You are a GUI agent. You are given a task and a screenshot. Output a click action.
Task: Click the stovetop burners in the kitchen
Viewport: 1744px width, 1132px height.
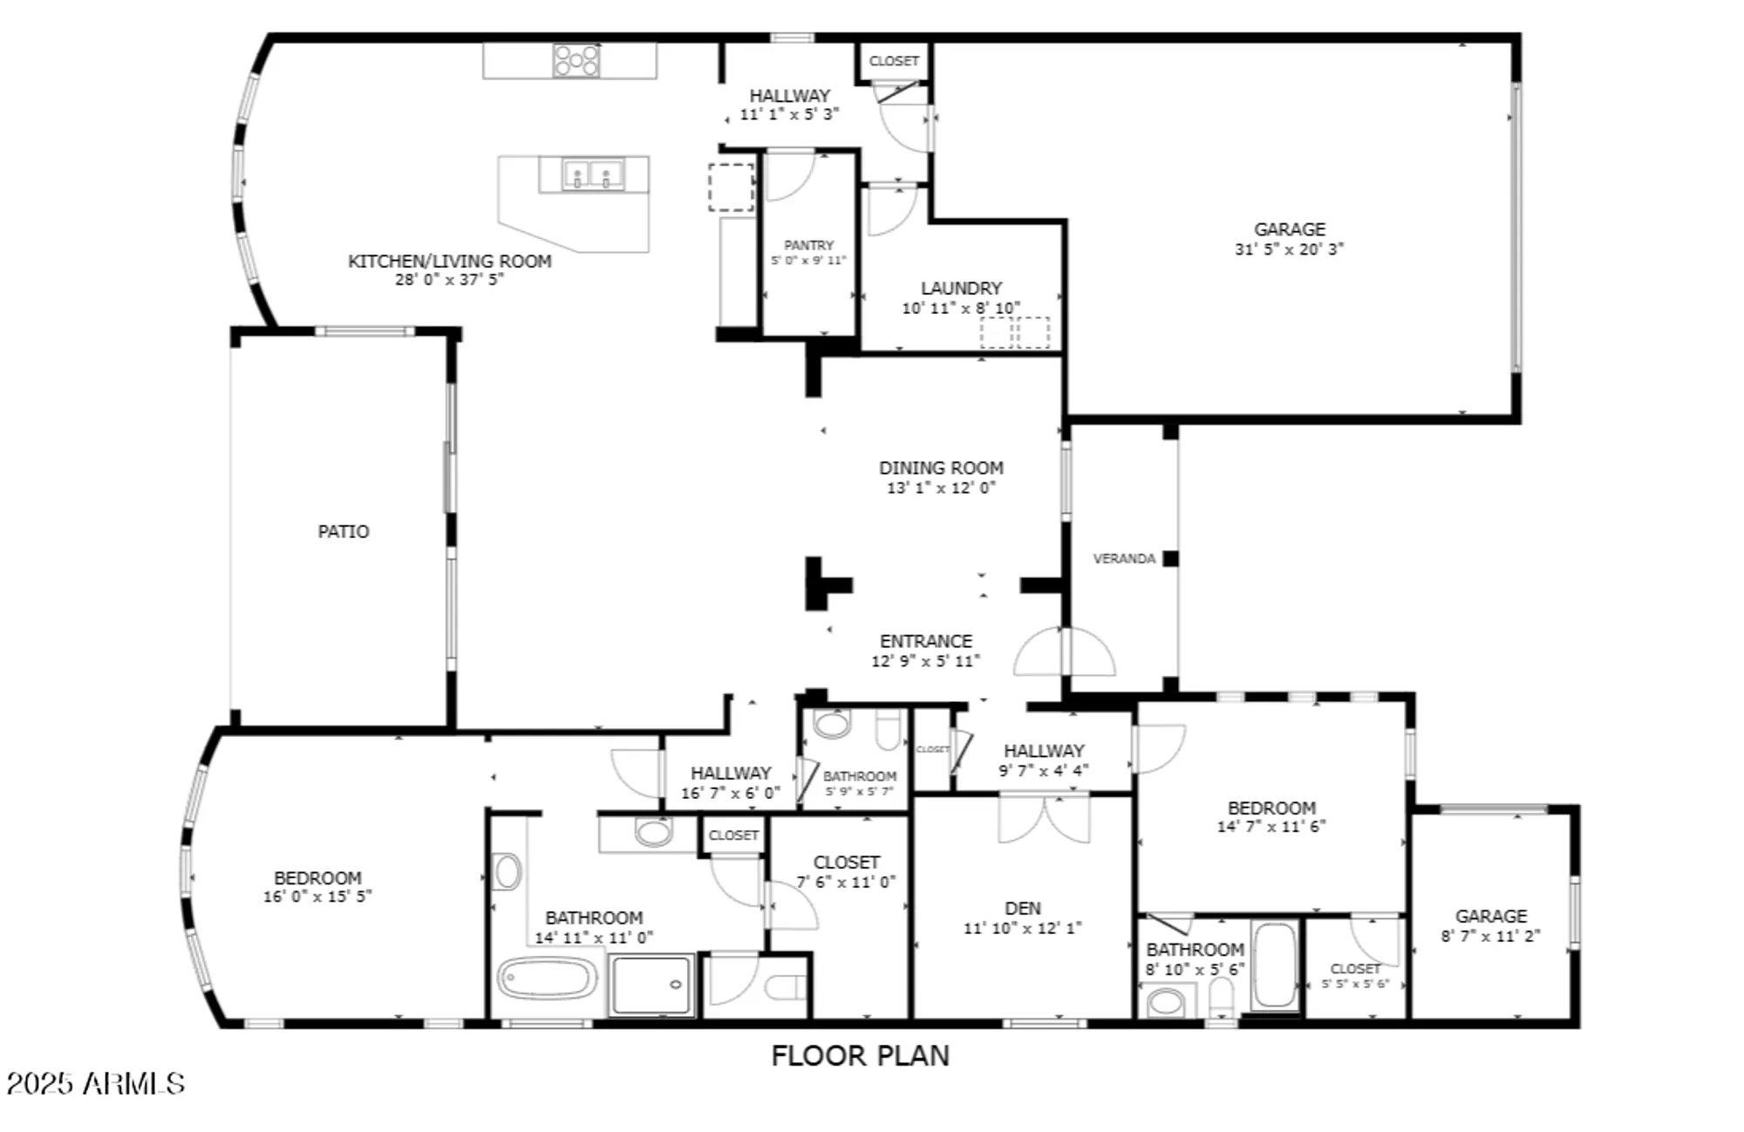point(576,61)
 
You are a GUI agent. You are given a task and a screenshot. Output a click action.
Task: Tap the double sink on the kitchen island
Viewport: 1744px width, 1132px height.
point(593,174)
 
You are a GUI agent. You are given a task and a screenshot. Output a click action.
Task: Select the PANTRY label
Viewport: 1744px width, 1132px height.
point(808,246)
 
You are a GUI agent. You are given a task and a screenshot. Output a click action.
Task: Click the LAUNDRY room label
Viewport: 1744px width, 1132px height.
point(961,289)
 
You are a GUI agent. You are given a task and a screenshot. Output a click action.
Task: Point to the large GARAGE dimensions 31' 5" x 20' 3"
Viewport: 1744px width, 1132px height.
point(1289,249)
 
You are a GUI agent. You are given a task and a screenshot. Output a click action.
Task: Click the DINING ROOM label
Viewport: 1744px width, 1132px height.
point(941,468)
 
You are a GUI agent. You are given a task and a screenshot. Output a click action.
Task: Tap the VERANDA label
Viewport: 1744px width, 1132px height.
point(1124,559)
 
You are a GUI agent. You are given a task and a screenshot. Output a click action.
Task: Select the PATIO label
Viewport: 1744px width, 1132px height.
point(343,532)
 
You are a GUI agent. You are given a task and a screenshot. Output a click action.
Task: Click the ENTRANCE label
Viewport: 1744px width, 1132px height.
point(925,641)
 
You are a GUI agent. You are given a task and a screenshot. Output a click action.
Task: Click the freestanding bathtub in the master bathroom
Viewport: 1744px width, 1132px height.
point(547,979)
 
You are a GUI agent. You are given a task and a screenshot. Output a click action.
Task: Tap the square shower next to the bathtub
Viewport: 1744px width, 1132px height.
point(652,985)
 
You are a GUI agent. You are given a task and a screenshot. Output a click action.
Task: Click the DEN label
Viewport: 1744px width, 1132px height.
point(1022,909)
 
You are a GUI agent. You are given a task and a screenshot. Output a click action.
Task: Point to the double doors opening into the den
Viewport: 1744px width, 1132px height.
point(1044,818)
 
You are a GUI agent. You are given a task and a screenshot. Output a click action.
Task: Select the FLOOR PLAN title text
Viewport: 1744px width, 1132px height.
point(860,1056)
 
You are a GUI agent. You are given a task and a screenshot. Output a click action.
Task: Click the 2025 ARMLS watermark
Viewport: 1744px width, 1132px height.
point(96,1084)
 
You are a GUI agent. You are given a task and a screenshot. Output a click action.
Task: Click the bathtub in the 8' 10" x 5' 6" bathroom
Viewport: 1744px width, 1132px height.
point(1274,965)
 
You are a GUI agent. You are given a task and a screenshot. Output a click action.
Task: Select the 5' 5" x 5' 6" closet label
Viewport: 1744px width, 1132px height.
point(1355,984)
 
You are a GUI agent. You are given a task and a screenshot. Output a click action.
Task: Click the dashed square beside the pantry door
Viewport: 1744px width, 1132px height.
point(731,187)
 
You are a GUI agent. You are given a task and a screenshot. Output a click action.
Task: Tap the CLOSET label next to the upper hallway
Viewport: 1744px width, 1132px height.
point(894,61)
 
